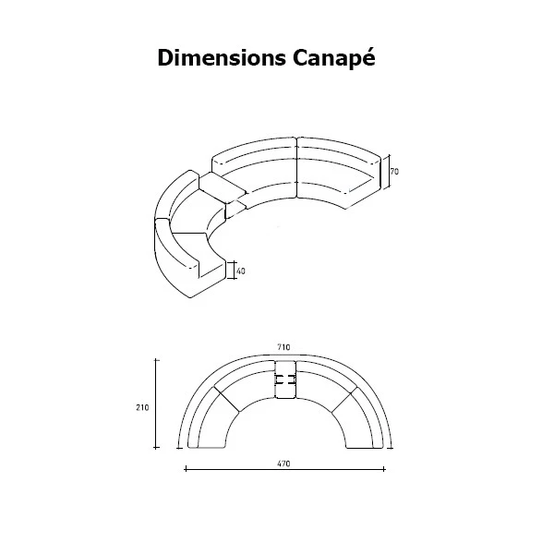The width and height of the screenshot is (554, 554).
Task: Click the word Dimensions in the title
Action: [x=222, y=57]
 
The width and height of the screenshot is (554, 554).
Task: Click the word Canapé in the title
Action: [x=333, y=57]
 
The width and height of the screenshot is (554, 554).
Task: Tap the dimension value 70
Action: [x=394, y=172]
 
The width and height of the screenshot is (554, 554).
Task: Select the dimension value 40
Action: [x=241, y=271]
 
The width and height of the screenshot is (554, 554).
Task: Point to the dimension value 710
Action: [x=283, y=347]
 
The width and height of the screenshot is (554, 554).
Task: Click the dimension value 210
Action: [x=142, y=407]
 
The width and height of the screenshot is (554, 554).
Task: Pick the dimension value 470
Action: [x=283, y=464]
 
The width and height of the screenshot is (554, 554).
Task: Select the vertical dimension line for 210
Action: [x=156, y=403]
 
